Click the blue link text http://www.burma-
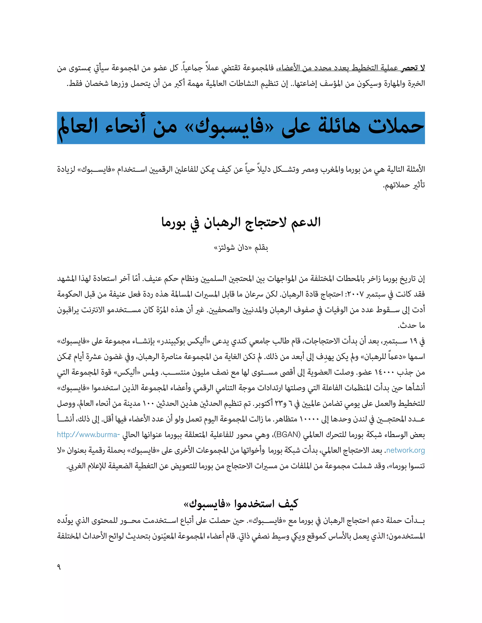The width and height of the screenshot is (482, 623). point(88,435)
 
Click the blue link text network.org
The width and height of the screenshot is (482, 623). point(405,450)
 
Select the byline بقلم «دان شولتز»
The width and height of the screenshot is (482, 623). point(241,248)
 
